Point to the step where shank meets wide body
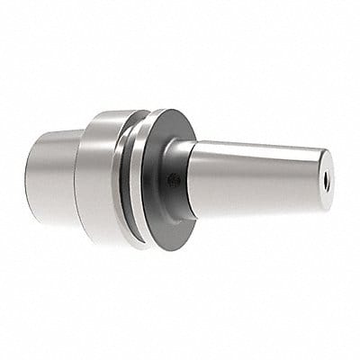(x=78, y=175)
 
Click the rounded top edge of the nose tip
(x=319, y=150)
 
